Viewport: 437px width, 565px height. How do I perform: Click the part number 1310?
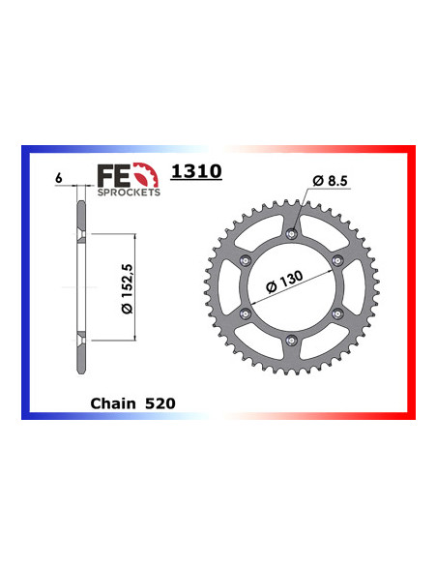pyautogui.click(x=196, y=172)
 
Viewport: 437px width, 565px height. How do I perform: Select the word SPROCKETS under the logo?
pyautogui.click(x=128, y=192)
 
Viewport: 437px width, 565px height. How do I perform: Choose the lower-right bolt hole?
pyautogui.click(x=337, y=312)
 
